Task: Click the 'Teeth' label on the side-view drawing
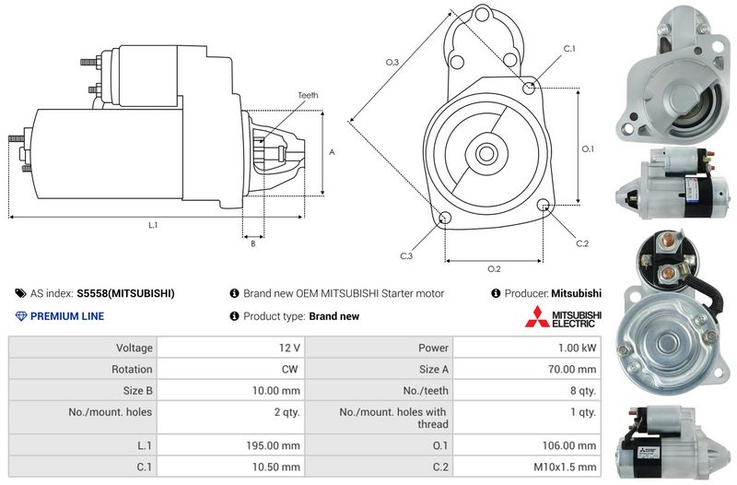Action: click(x=308, y=95)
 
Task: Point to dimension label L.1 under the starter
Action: click(x=153, y=225)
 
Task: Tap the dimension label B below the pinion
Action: click(x=252, y=243)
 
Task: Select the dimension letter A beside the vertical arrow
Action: click(x=332, y=152)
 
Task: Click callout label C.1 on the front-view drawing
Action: click(x=569, y=49)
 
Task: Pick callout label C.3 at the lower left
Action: click(x=406, y=256)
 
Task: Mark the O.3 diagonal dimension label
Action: click(x=392, y=62)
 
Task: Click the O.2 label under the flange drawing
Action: click(x=494, y=269)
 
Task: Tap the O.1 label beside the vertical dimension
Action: click(x=588, y=148)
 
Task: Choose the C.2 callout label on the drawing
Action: click(x=582, y=243)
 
